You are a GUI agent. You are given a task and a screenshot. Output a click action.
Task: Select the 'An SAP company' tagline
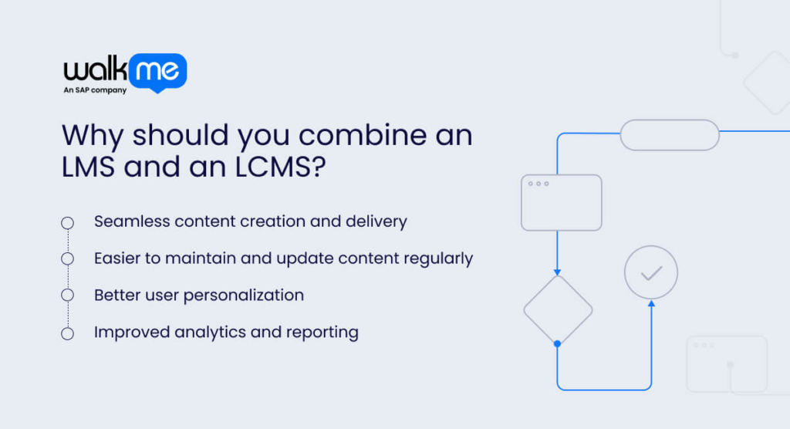94,91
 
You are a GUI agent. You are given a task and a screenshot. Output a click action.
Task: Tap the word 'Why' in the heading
93,136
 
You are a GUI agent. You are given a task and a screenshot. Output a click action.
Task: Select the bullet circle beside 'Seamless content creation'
67,222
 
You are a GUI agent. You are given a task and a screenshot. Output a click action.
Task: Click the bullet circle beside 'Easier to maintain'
67,258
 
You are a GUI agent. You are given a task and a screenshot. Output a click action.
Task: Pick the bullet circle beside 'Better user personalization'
67,296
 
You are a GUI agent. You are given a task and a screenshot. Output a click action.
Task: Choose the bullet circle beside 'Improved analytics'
67,333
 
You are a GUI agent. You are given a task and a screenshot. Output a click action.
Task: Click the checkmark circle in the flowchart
651,272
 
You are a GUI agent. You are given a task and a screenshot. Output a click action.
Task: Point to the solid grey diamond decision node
558,309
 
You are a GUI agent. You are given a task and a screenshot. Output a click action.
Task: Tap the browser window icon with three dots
561,202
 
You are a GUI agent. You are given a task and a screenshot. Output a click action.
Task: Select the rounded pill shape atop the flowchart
670,135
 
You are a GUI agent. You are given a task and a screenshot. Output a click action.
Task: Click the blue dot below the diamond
557,343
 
